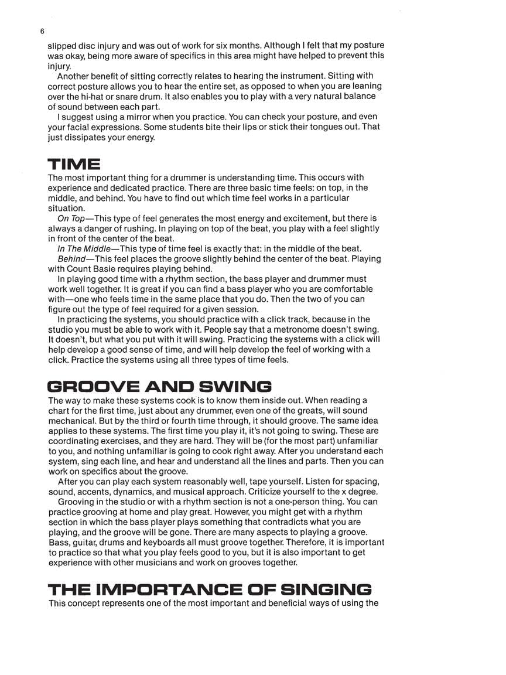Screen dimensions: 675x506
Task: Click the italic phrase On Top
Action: (x=71, y=218)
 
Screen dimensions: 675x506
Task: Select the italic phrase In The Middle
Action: (x=84, y=248)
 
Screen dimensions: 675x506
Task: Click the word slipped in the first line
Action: (x=61, y=45)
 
